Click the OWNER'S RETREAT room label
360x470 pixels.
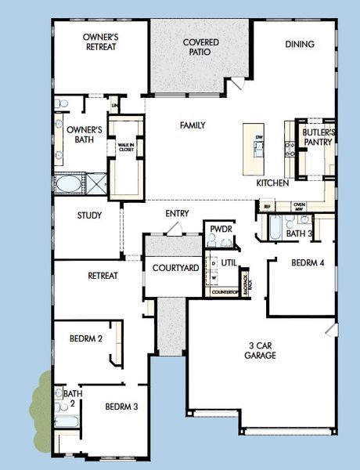100,41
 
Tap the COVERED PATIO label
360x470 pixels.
200,46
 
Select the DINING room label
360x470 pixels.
300,44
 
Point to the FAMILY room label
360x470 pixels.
193,125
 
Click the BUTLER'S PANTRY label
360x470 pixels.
319,139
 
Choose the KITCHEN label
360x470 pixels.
273,183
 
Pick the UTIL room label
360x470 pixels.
229,263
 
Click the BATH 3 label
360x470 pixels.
299,233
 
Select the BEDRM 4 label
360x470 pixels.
307,262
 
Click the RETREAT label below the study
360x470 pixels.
103,275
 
